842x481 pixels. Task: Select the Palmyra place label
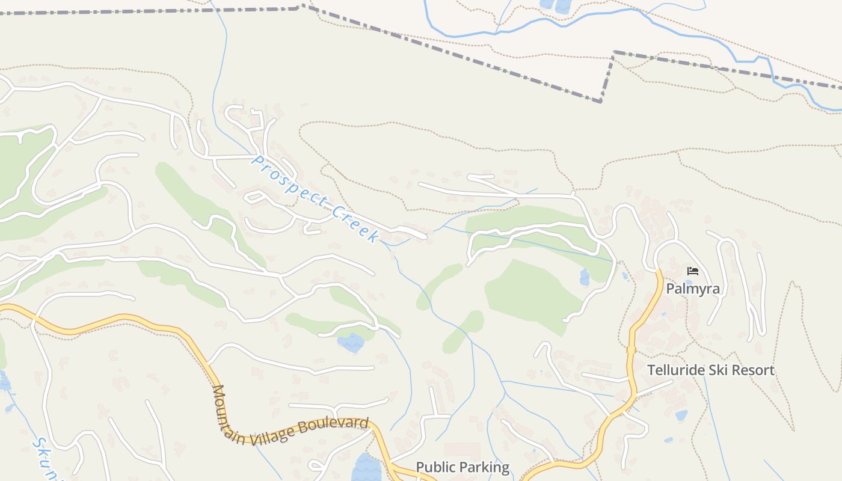coord(692,289)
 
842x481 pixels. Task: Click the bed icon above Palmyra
coord(693,271)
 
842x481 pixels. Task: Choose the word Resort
coord(752,370)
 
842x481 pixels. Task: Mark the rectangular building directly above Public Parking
coord(462,450)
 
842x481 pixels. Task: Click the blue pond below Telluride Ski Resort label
coord(681,415)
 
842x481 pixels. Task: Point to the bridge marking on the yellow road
coord(631,349)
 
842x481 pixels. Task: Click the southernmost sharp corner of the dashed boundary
coord(601,101)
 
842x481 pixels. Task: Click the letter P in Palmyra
coord(670,289)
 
